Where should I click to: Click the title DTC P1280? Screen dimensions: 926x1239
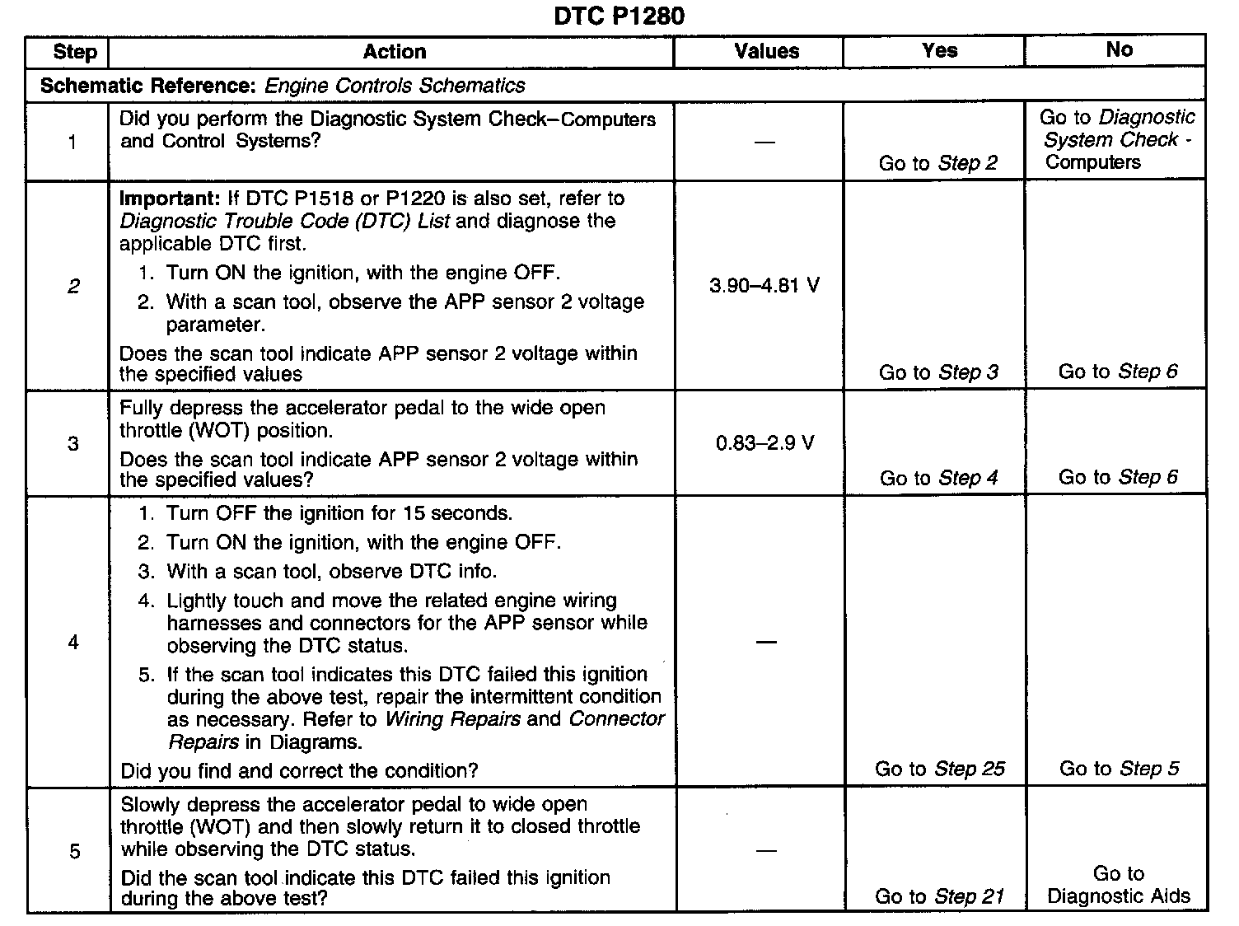[x=619, y=16]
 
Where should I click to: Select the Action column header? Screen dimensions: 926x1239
[x=395, y=52]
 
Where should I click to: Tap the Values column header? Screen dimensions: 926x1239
[x=766, y=51]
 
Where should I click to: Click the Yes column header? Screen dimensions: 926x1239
[x=939, y=50]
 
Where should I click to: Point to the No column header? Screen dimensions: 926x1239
[x=1119, y=49]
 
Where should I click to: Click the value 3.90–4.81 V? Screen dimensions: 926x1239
[x=764, y=286]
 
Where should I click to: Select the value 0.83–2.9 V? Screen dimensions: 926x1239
[x=764, y=443]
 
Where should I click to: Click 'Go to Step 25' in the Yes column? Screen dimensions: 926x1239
[x=939, y=769]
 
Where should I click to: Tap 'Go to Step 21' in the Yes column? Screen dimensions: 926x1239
[x=939, y=896]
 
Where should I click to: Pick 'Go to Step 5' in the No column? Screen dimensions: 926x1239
[x=1119, y=769]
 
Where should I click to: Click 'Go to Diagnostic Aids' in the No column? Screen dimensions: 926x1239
[x=1119, y=885]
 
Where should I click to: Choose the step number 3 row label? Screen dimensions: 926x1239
[x=73, y=444]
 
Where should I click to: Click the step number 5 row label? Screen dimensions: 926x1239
[x=74, y=851]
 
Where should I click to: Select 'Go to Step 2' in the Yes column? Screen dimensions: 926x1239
[x=937, y=163]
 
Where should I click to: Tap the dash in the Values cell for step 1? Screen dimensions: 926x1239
[x=764, y=143]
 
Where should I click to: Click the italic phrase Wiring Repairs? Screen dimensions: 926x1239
[x=452, y=719]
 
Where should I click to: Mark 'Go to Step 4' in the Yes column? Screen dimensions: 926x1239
[x=938, y=478]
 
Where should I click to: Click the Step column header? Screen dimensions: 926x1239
[x=74, y=52]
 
